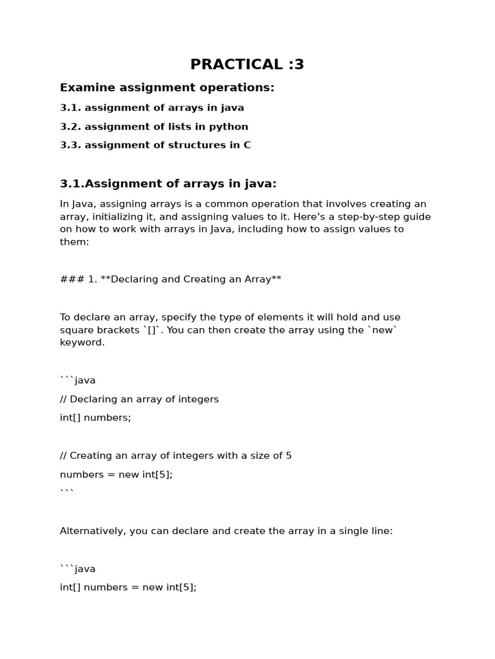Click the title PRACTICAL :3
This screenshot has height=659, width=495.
click(247, 64)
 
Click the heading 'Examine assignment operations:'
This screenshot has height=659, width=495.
click(167, 88)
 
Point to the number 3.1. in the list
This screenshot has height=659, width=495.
click(70, 108)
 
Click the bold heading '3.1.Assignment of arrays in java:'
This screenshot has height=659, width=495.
click(168, 184)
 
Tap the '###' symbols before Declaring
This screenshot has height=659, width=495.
click(68, 279)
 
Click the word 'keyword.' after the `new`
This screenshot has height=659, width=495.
click(82, 342)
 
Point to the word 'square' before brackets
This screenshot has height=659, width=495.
click(77, 330)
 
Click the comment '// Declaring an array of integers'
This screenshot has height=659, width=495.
click(139, 399)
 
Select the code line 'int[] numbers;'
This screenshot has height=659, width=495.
click(95, 418)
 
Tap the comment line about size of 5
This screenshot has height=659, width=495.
click(175, 456)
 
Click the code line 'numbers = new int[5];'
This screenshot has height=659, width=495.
click(116, 474)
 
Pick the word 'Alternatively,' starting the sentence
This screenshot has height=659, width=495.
click(93, 531)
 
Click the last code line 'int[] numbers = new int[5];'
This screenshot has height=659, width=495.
click(128, 588)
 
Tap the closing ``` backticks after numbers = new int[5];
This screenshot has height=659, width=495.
click(67, 491)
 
